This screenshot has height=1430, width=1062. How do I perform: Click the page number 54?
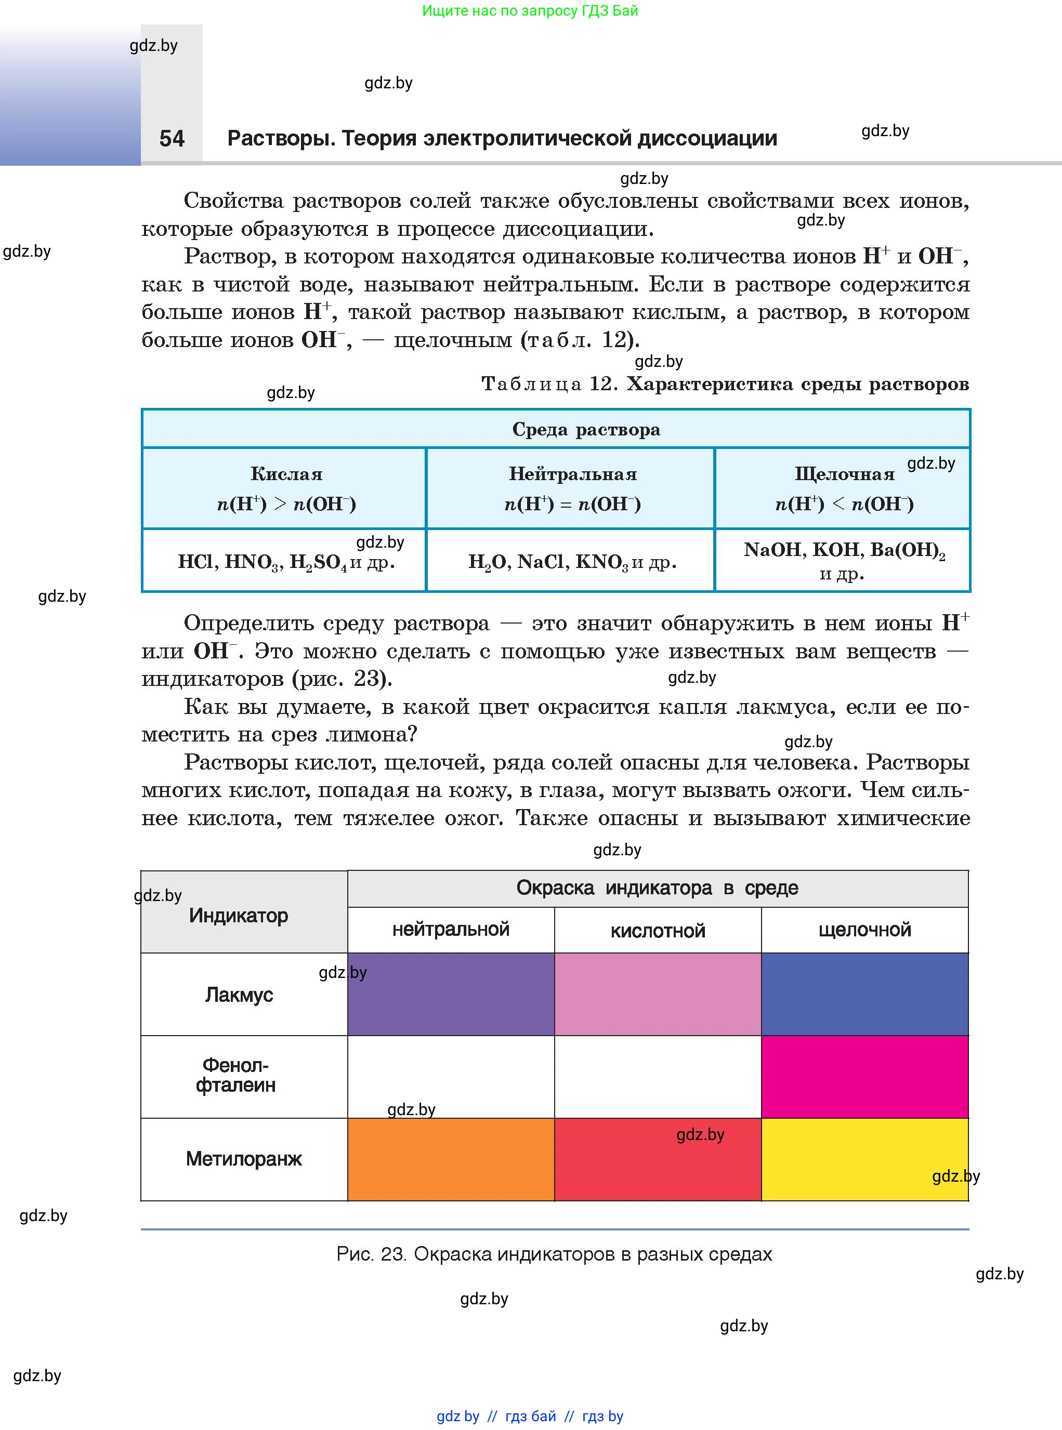coord(172,138)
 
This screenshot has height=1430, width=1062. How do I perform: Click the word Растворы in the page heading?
coord(280,138)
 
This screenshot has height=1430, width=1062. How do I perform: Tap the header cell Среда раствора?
coord(586,429)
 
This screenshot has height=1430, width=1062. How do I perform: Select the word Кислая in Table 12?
coord(286,474)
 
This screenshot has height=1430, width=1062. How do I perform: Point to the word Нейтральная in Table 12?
coord(572,474)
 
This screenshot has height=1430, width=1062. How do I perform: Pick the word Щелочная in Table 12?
coord(844,474)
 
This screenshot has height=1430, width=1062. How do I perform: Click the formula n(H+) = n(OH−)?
coord(572,504)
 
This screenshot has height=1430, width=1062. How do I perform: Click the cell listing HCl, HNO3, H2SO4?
coord(286,562)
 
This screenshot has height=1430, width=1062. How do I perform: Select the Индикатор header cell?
coord(239,915)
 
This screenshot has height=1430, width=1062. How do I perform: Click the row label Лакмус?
coord(239,995)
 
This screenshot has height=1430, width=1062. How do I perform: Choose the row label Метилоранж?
coord(244,1159)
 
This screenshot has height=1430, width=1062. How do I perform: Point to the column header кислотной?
coord(658,931)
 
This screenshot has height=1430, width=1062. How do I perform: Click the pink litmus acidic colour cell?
coord(658,994)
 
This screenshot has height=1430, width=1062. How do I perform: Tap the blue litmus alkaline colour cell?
coord(864,994)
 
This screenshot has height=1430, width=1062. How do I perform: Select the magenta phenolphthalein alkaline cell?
coord(864,1077)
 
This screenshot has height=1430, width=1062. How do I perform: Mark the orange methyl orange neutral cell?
coord(451,1159)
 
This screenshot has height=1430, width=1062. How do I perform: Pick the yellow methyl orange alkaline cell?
coord(864,1159)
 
